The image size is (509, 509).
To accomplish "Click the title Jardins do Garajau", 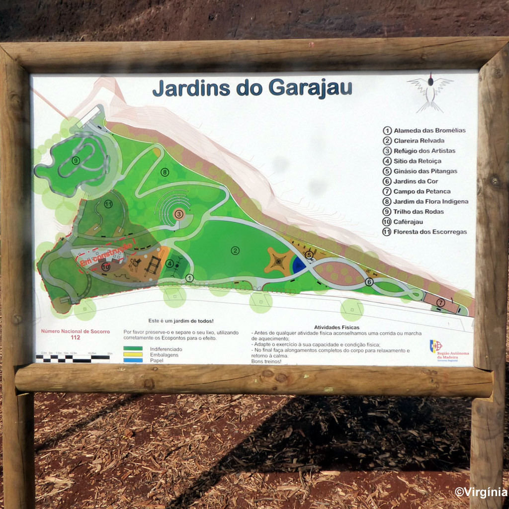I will (252, 88).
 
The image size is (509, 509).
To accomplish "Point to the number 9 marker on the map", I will (76, 161).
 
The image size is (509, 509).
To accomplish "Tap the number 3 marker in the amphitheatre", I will (179, 214).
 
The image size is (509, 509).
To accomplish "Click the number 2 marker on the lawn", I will (235, 251).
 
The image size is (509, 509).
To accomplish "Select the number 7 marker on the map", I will (440, 302).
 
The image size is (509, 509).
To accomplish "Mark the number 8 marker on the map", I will (165, 172).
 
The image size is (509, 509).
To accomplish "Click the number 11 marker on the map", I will (108, 204).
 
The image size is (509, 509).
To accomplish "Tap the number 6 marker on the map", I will (369, 282).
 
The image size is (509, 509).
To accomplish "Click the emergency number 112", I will (76, 338).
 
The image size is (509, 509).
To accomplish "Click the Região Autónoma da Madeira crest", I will (436, 346).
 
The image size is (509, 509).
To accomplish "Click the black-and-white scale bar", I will (73, 357).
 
